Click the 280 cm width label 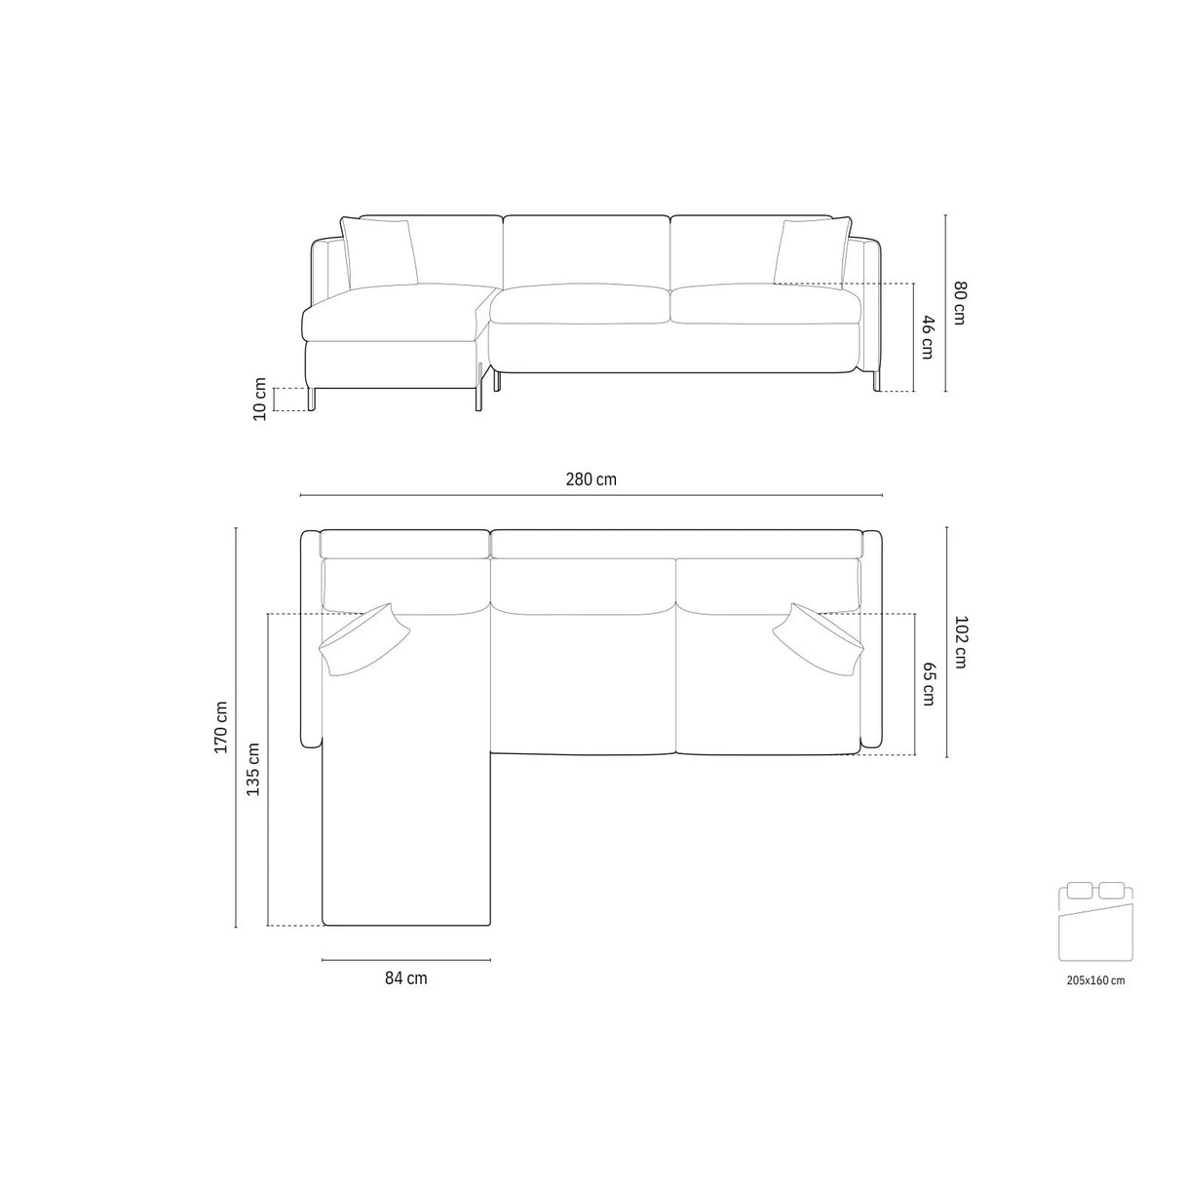[x=591, y=479]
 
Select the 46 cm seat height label [x=927, y=337]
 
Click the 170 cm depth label [x=221, y=727]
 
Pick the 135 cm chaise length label [x=252, y=770]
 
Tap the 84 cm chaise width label [x=405, y=978]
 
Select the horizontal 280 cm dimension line [x=591, y=495]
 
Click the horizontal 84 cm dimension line [x=405, y=961]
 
